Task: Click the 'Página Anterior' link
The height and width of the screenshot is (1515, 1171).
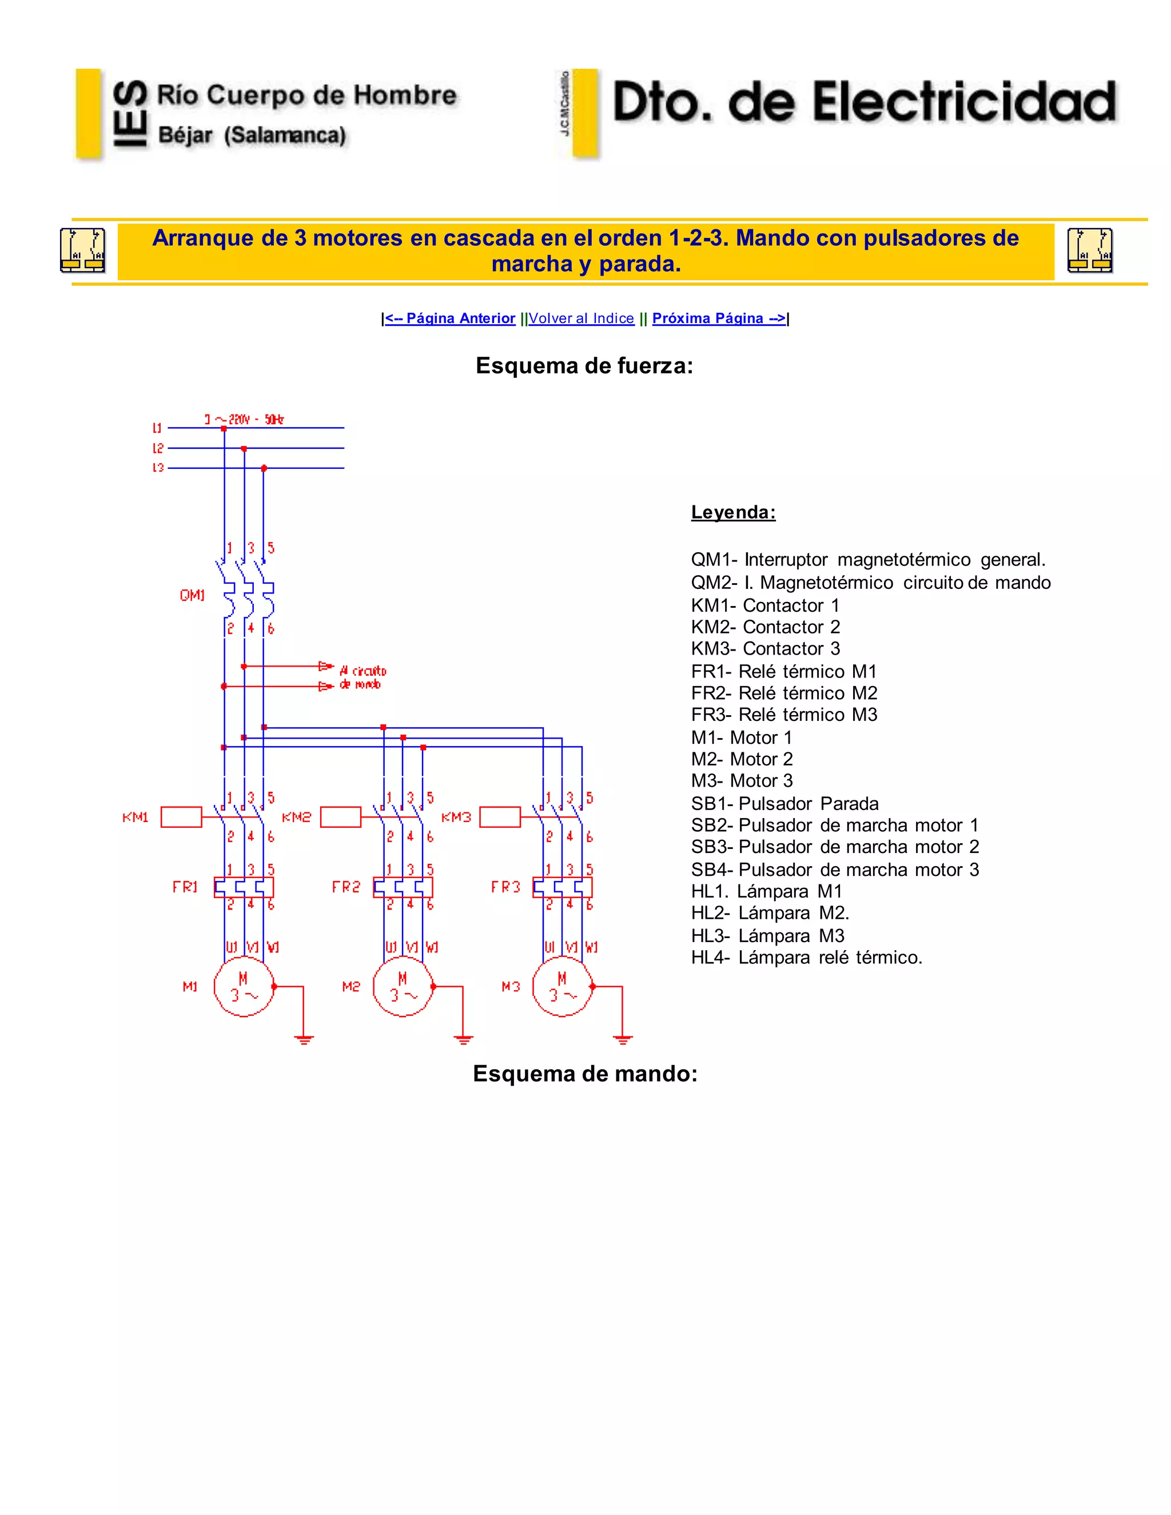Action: (450, 318)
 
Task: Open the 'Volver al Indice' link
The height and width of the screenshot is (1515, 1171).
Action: (581, 318)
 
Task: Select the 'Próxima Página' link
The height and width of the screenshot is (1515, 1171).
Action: (719, 318)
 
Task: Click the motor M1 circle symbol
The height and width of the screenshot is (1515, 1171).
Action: (244, 986)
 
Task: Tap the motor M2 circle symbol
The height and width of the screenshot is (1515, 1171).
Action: (403, 986)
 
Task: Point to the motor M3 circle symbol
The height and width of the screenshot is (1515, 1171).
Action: (563, 986)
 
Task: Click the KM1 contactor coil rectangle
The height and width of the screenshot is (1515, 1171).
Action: (181, 817)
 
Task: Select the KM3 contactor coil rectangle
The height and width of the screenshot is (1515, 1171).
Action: (500, 817)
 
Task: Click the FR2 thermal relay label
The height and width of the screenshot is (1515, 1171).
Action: (346, 887)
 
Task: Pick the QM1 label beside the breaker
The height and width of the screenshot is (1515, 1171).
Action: (192, 595)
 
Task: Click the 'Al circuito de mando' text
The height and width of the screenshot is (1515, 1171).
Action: (362, 677)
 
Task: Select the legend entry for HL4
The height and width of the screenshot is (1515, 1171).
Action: (806, 958)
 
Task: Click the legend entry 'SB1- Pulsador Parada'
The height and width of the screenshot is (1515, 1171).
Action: (784, 804)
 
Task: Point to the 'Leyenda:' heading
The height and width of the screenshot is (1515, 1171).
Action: (733, 513)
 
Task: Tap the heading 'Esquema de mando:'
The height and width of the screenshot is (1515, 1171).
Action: (585, 1074)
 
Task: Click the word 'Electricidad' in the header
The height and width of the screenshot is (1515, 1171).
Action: (964, 103)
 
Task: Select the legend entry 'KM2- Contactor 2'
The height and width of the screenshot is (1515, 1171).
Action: (765, 627)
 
